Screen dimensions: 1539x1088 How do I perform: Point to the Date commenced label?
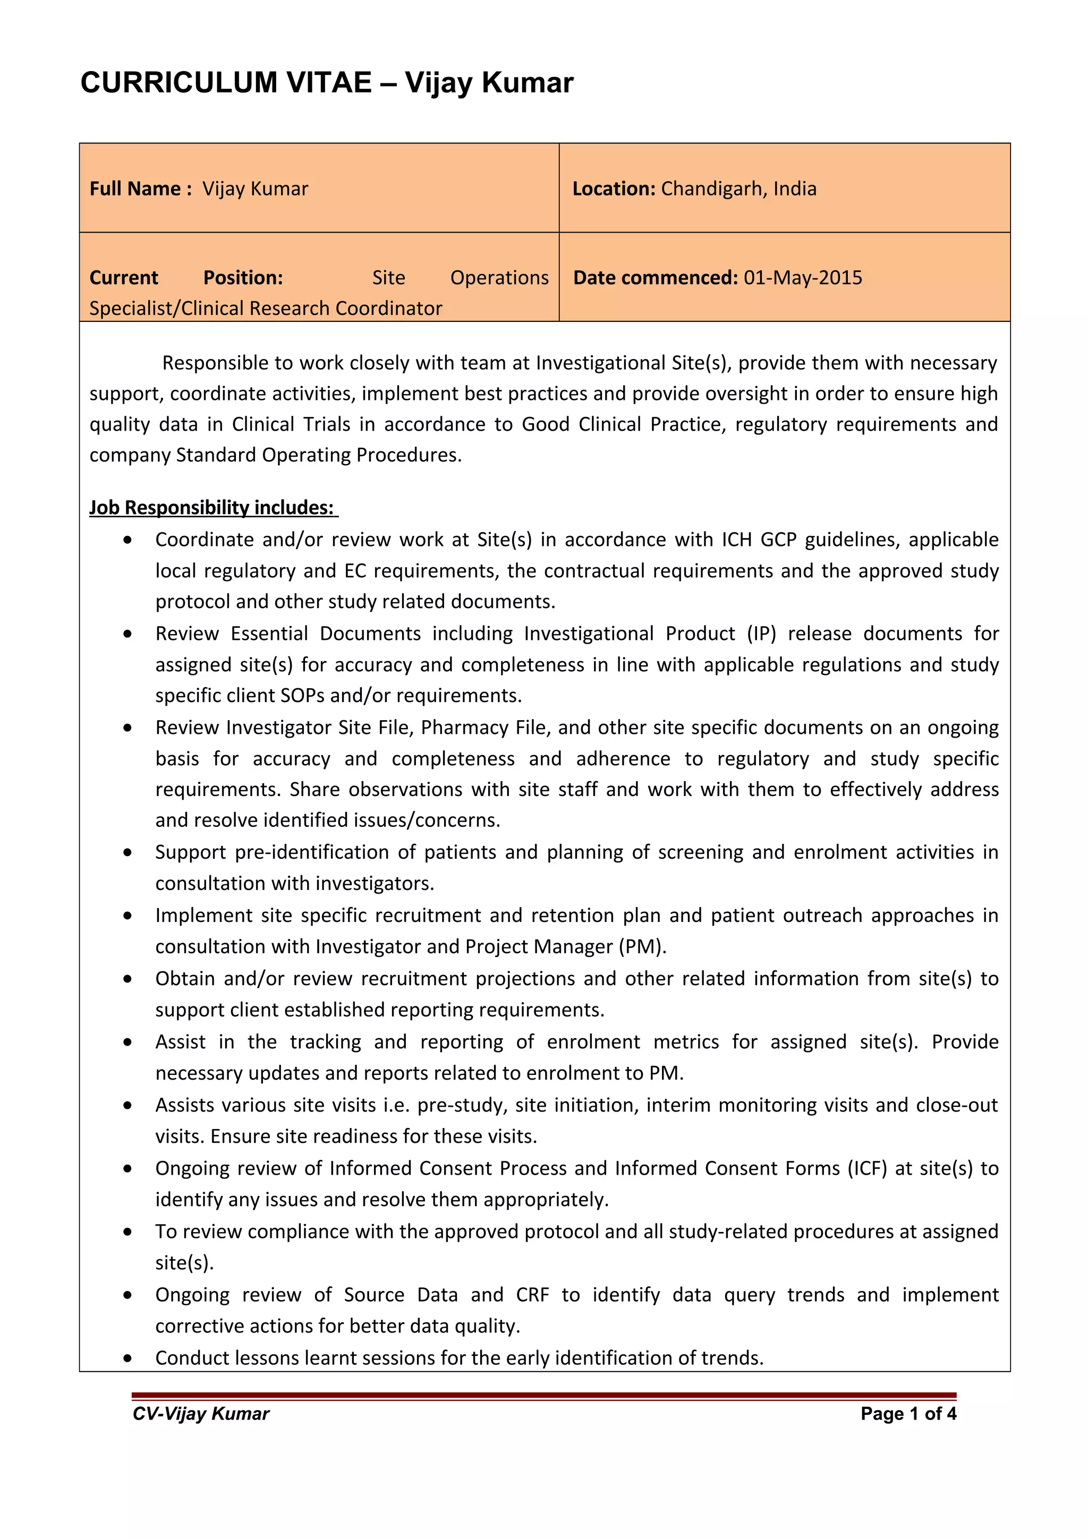tap(655, 278)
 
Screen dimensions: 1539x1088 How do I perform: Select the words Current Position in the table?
tap(186, 278)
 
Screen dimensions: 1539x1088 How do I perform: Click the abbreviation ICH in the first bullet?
tap(737, 540)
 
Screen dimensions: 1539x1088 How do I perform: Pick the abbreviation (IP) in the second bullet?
tap(761, 634)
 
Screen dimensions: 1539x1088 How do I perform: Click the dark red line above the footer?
tap(543, 1395)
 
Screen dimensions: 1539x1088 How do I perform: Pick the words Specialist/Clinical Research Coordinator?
tap(266, 309)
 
